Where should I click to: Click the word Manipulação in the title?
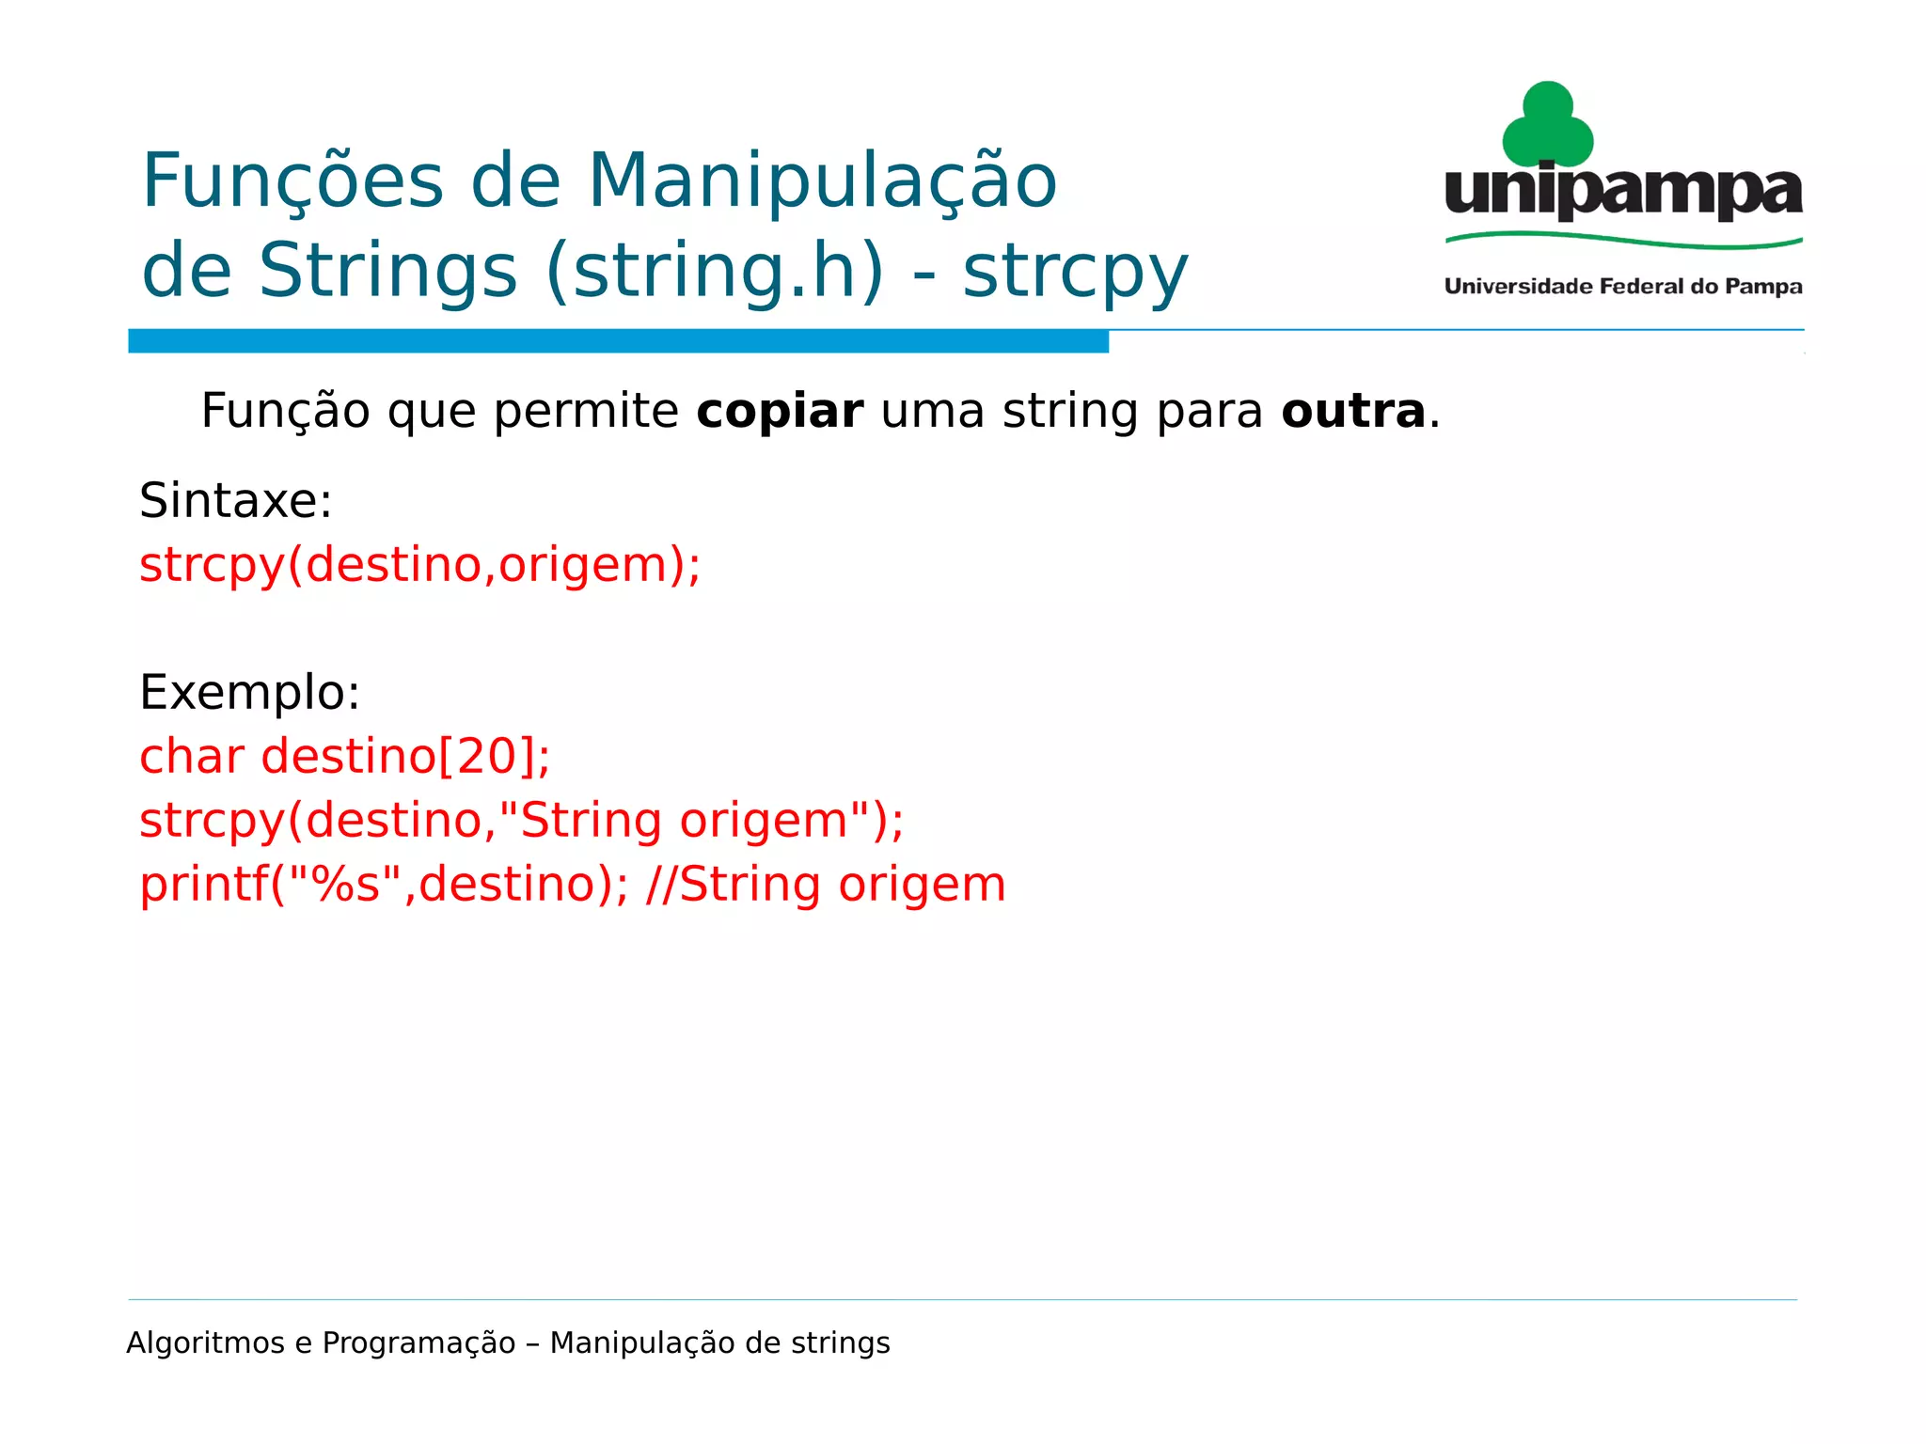coord(823,181)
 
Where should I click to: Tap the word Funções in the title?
coord(292,181)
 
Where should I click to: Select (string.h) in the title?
coord(715,272)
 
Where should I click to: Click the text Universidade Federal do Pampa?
coord(1623,287)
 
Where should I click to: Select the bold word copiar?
coord(780,412)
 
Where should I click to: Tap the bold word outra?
coord(1353,412)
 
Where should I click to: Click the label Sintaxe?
coord(235,500)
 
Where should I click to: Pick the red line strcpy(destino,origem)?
coord(419,565)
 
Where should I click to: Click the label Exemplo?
coord(249,693)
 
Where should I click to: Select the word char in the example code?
coord(192,757)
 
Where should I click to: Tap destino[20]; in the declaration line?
coord(405,757)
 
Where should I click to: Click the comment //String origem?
coord(826,886)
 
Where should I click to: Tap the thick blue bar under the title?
coord(618,341)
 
